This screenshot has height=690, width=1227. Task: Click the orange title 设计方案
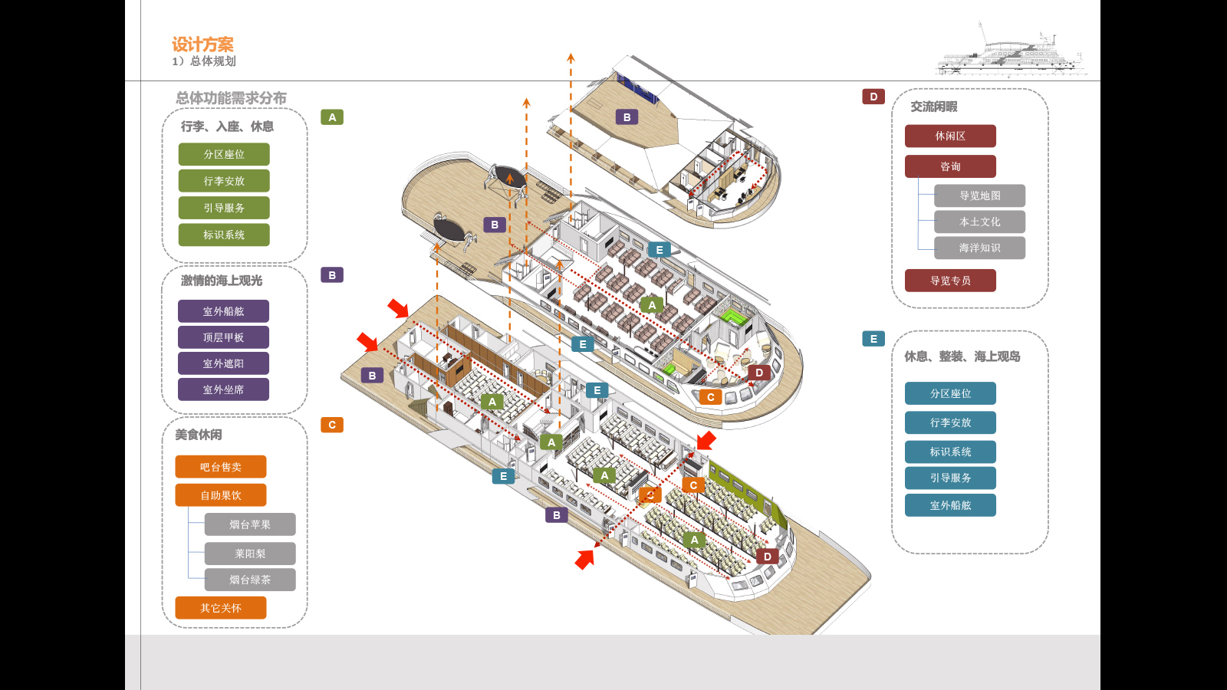[202, 44]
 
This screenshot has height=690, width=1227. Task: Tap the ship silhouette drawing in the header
[1012, 54]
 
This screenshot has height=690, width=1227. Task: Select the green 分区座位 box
[224, 154]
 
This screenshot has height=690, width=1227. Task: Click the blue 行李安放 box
[950, 422]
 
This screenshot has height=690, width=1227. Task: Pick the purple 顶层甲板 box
[223, 337]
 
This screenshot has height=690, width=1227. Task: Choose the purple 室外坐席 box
[223, 389]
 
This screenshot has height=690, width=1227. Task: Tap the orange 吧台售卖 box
[221, 467]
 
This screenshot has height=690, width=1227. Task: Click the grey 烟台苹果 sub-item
[250, 524]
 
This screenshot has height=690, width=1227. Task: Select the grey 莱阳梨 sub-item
[250, 554]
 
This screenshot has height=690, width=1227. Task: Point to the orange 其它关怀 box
[221, 608]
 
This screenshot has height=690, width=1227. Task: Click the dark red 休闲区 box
[950, 136]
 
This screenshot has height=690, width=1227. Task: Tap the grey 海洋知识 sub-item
[979, 248]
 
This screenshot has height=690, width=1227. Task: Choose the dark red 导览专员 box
[950, 281]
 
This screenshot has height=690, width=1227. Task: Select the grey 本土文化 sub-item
[979, 222]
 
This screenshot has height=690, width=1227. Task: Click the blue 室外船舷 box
[950, 505]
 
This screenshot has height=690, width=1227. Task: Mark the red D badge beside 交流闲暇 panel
[873, 97]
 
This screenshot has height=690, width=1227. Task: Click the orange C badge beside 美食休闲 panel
[332, 425]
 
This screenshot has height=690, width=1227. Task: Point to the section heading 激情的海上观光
[222, 281]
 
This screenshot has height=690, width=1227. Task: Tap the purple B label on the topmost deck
[627, 117]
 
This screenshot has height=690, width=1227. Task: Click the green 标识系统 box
[224, 235]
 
